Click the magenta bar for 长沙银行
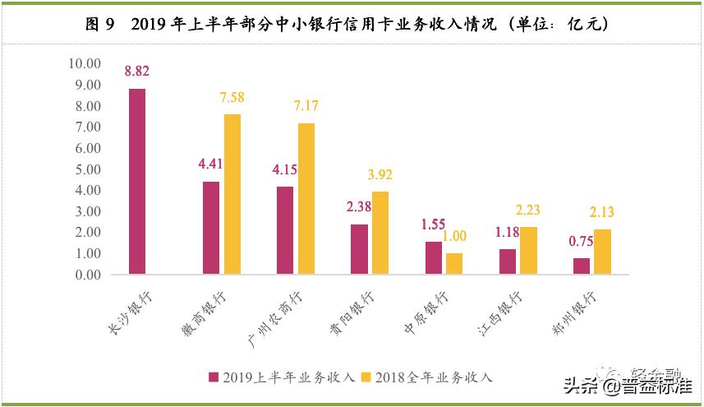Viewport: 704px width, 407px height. pyautogui.click(x=137, y=182)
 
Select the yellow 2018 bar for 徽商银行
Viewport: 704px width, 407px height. pyautogui.click(x=232, y=194)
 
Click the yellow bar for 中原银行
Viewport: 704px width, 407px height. pyautogui.click(x=454, y=264)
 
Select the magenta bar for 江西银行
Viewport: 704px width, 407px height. pyautogui.click(x=507, y=261)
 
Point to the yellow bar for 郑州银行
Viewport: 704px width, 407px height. pyautogui.click(x=602, y=252)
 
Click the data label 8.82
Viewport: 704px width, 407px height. pyautogui.click(x=137, y=72)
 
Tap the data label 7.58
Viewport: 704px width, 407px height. pyautogui.click(x=232, y=98)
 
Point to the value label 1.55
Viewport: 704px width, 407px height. pyautogui.click(x=433, y=224)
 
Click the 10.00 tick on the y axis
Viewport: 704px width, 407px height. pyautogui.click(x=84, y=64)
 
